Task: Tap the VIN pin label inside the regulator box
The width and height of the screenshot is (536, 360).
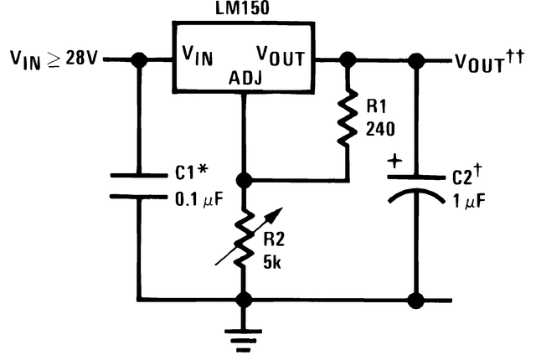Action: (199, 57)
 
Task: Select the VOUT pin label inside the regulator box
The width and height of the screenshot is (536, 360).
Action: (278, 57)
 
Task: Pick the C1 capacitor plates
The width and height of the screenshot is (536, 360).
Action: (139, 186)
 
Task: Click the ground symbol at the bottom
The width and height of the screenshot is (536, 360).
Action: (244, 337)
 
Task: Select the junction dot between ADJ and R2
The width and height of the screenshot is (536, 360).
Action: (244, 180)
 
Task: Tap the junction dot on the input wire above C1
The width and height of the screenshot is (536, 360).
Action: (139, 59)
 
